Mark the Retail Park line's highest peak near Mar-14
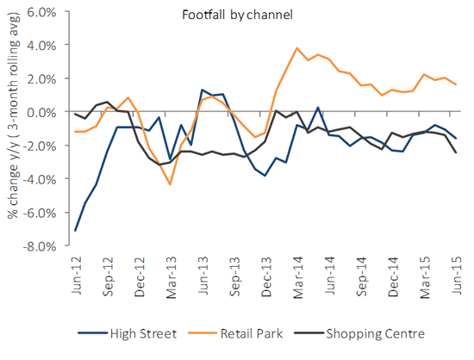pyautogui.click(x=296, y=48)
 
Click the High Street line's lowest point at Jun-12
pyautogui.click(x=76, y=230)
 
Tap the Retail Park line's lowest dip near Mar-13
pyautogui.click(x=170, y=184)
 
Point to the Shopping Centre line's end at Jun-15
pyautogui.click(x=455, y=152)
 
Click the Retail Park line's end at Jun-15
pyautogui.click(x=455, y=84)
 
